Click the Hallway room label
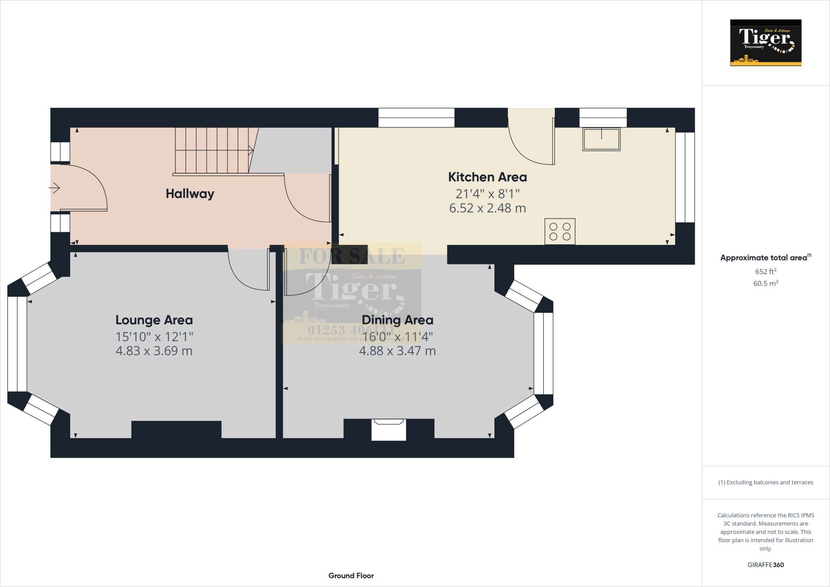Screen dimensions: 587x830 point(190,194)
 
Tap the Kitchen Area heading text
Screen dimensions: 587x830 point(487,177)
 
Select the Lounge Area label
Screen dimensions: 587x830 point(154,320)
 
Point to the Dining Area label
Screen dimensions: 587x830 point(397,320)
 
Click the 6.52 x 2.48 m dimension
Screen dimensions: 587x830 point(487,208)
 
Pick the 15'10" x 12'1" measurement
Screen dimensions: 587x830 point(154,337)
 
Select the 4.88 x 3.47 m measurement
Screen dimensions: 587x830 point(397,351)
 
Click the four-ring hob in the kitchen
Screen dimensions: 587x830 point(560,232)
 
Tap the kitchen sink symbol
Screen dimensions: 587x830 point(601,139)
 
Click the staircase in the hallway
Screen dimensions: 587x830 point(213,151)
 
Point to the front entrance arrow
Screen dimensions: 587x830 point(54,188)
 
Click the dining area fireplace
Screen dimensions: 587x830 point(389,430)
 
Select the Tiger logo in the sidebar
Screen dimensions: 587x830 point(765,43)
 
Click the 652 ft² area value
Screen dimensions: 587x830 point(765,272)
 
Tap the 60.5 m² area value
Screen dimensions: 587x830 point(765,284)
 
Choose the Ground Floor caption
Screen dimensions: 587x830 point(351,576)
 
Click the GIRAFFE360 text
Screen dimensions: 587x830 point(765,565)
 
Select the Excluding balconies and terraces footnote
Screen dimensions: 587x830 point(765,482)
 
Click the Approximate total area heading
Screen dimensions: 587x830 point(764,258)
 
